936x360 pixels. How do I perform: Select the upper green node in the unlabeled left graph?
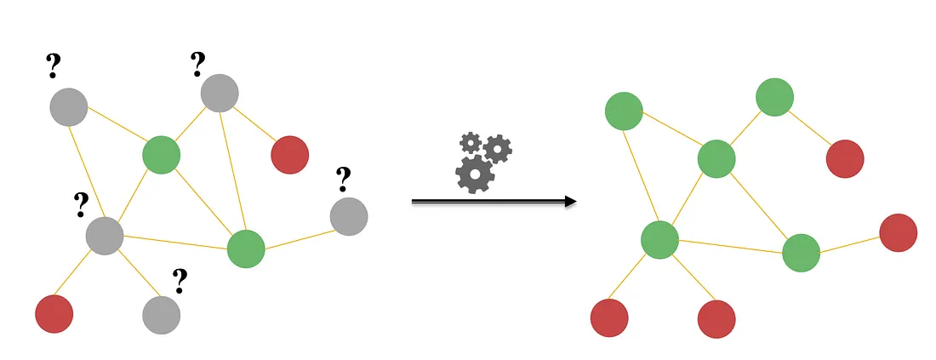[161, 155]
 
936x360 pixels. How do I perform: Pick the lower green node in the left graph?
[246, 249]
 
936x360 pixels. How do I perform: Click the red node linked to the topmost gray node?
[289, 154]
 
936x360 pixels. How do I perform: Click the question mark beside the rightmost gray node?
[343, 179]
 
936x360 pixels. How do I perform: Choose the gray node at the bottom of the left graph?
[161, 314]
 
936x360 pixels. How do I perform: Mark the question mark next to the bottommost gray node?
[180, 280]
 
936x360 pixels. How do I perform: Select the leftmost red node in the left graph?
[54, 313]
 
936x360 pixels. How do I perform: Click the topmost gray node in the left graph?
[219, 93]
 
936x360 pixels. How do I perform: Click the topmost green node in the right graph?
[774, 97]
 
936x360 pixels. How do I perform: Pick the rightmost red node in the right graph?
[898, 232]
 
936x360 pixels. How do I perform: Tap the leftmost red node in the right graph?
[609, 317]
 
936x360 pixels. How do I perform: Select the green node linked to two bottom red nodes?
[659, 239]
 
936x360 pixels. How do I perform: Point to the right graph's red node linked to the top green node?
[845, 159]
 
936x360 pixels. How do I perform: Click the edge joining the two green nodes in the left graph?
[203, 202]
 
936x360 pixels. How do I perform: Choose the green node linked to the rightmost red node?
[800, 253]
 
